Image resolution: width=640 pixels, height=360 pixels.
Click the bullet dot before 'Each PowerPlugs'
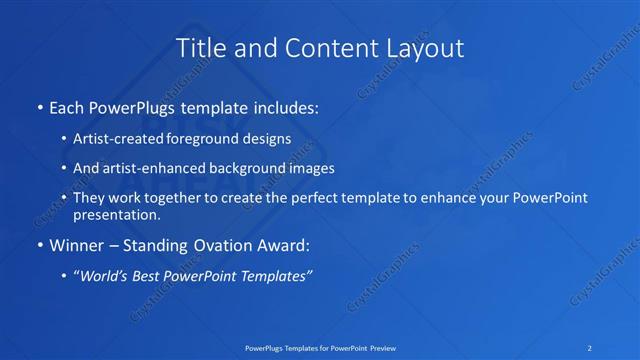[38, 105]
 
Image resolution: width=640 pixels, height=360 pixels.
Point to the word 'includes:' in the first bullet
[286, 105]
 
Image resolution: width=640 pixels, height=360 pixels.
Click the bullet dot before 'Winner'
[38, 244]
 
